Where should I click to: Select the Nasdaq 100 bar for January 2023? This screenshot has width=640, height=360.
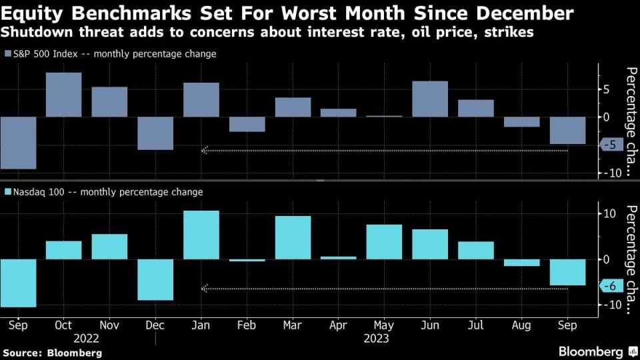[x=201, y=235]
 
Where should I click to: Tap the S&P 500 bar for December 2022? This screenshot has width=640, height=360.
[x=155, y=133]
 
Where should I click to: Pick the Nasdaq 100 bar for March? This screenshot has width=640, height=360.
[x=293, y=237]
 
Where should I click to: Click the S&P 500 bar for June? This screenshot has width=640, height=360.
[x=430, y=99]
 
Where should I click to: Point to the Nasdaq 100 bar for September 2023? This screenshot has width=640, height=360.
[x=567, y=272]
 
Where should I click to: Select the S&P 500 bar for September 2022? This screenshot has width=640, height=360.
[x=17, y=143]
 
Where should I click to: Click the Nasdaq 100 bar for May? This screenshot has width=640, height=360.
[x=384, y=241]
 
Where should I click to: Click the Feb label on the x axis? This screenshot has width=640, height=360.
[x=247, y=325]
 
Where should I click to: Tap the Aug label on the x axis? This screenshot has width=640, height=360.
[x=521, y=325]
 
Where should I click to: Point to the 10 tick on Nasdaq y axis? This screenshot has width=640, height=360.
[x=609, y=213]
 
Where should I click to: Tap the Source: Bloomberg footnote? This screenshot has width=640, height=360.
[x=52, y=352]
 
